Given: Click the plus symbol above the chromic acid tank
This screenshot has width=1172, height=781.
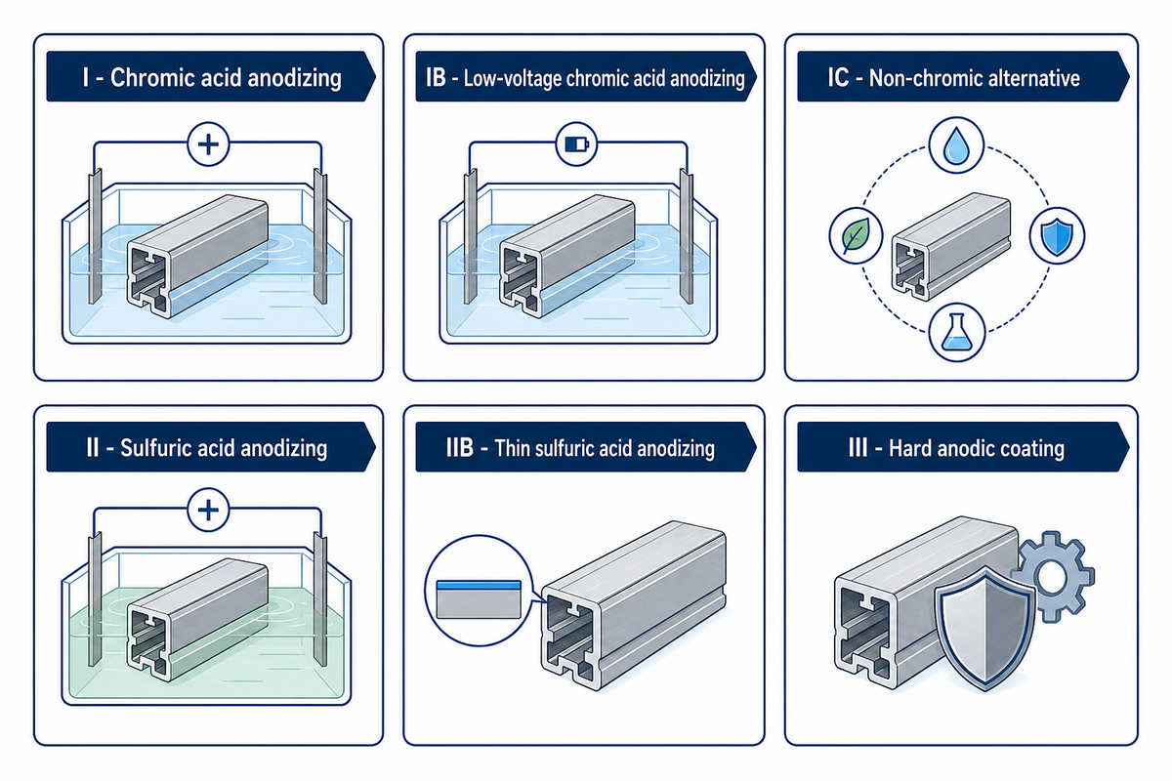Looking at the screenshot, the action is pos(208,144).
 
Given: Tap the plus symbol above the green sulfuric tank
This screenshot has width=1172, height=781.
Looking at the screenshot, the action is pos(208,510).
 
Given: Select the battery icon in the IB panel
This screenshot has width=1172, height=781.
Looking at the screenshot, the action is pos(576,144).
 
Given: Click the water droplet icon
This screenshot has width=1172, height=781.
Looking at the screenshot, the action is pos(956,144).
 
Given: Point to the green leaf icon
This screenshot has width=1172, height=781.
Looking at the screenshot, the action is pos(856,235).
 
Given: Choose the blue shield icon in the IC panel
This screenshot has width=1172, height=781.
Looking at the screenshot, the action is pos(1057,236).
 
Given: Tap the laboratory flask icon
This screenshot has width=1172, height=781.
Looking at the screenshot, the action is pos(956,332).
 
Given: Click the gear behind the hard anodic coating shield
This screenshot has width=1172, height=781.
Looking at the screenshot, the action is pos(1053,578).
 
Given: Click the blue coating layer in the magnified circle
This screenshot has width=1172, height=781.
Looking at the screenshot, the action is pos(479,586).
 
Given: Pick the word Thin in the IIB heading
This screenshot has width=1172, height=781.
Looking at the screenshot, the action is pos(512,448).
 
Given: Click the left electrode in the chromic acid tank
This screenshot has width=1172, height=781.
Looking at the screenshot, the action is pos(95,236).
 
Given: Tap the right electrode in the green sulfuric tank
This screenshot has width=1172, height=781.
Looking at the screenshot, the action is pos(320,599).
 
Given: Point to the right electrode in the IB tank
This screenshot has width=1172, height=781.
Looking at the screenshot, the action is pos(687,236).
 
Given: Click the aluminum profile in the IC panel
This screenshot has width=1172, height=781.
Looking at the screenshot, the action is pos(950,246).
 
